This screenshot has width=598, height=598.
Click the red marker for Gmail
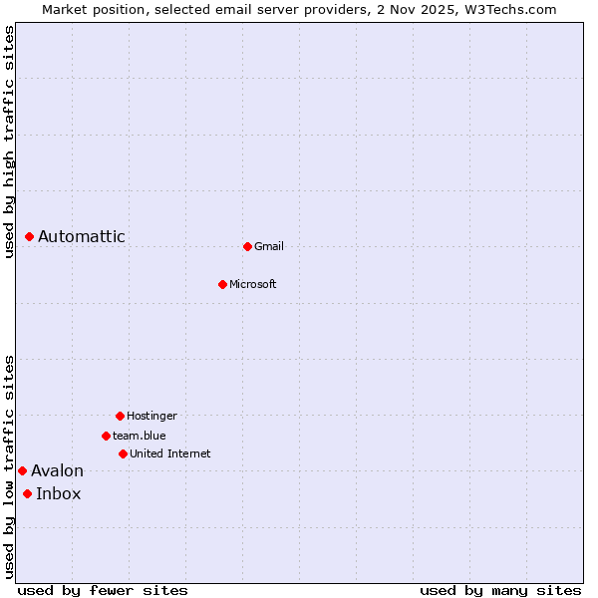[247, 246]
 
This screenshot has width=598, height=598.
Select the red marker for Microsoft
[222, 284]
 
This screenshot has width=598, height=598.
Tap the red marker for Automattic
[30, 236]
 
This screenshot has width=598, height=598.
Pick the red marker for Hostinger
[120, 416]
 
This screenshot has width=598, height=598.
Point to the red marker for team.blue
[106, 436]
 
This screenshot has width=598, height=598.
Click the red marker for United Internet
[123, 453]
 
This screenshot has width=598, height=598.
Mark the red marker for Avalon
[22, 470]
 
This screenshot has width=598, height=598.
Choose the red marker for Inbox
[27, 493]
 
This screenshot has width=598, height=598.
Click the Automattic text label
[82, 236]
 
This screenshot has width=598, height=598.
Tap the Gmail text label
[269, 246]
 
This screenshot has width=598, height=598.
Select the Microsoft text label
[253, 284]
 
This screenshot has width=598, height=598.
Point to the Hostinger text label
[151, 416]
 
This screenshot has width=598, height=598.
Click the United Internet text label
[170, 453]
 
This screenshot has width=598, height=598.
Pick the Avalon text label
[57, 470]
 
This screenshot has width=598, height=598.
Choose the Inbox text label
[59, 493]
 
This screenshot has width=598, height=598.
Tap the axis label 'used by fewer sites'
[103, 590]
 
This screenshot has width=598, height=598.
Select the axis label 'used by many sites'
[500, 590]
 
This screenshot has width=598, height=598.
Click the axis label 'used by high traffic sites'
[9, 142]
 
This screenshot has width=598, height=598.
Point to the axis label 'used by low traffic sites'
[9, 465]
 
